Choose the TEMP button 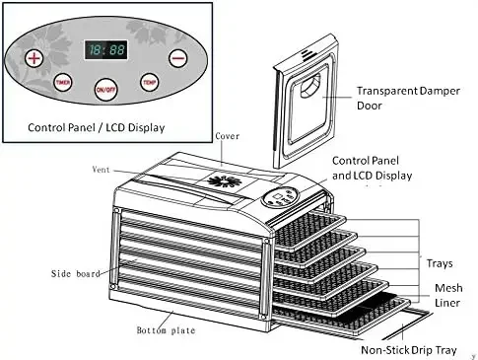tap(150, 82)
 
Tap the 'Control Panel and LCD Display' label tap(373, 167)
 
